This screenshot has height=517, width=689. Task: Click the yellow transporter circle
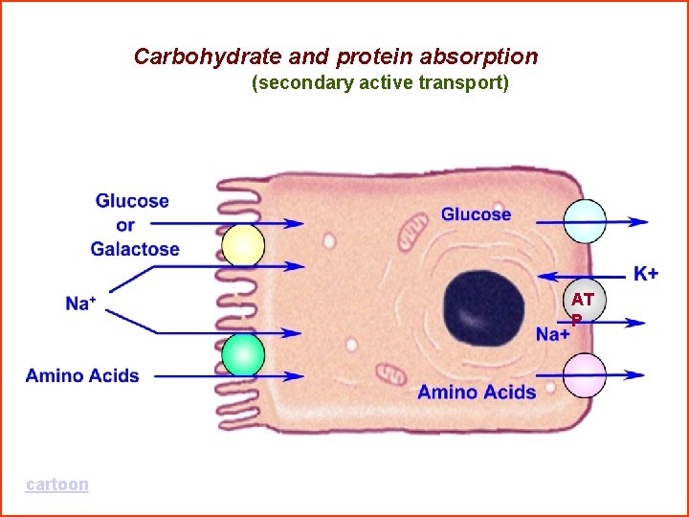coord(243,246)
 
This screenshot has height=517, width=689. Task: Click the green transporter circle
coord(243,355)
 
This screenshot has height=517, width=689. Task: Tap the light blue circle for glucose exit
coord(584,221)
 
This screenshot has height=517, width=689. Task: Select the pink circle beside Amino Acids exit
coord(584,375)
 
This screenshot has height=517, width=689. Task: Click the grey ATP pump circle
coord(584,304)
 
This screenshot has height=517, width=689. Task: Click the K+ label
coord(646,274)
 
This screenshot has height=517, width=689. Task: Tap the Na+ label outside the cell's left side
coord(80,303)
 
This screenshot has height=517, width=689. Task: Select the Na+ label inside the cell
coord(553,334)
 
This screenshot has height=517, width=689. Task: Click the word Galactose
coord(135,249)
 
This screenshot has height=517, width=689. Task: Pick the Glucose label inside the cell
coord(476,214)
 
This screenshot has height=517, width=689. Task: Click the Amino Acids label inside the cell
coord(477,392)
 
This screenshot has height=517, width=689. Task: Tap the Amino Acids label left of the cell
coord(82,375)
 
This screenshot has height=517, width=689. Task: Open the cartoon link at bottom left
coord(57,484)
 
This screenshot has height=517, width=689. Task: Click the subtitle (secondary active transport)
coord(380,83)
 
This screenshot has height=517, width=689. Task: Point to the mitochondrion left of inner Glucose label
coord(414,228)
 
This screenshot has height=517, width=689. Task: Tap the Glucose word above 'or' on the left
coord(132,201)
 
